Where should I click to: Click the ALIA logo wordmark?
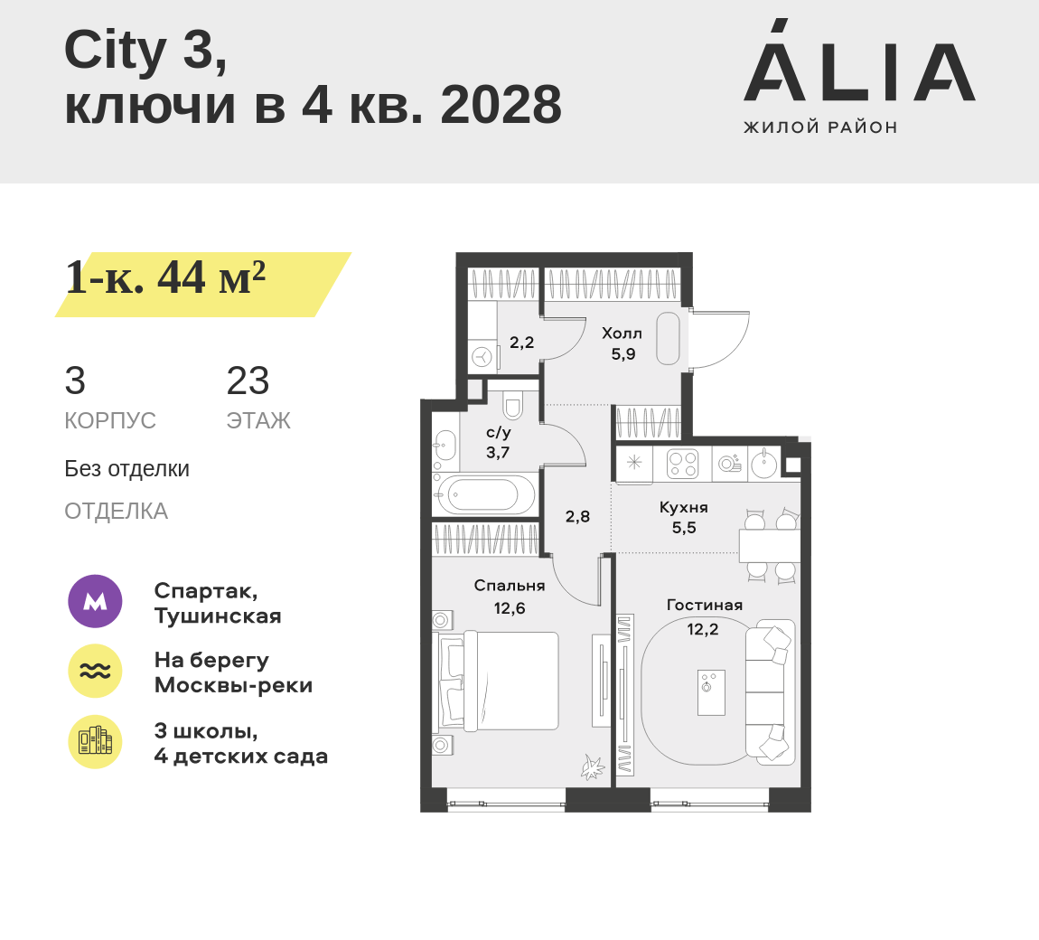[x=859, y=61]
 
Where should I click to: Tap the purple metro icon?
[x=96, y=601]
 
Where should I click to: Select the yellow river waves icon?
[x=96, y=671]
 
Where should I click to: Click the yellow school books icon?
[x=96, y=742]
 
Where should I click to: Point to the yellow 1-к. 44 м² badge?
[x=202, y=285]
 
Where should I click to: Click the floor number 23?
[x=248, y=381]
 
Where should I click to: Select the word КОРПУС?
[x=110, y=420]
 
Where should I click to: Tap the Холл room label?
[x=622, y=334]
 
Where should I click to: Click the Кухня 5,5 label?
[x=684, y=518]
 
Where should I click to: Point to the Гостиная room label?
[x=705, y=606]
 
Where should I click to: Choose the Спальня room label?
[x=510, y=586]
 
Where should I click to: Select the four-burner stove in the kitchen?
[x=682, y=463]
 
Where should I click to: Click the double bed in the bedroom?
[x=497, y=681]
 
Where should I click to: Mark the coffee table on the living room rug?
[x=711, y=692]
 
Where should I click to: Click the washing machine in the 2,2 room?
[x=482, y=357]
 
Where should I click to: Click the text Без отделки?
[x=126, y=469]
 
